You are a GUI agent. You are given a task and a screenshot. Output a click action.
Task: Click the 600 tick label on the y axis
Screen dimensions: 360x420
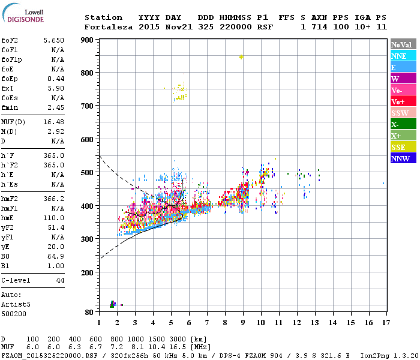pos(88,140)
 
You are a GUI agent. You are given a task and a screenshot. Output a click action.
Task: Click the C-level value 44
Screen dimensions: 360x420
pos(60,280)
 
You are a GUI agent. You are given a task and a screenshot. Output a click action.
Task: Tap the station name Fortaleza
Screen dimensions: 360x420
pos(109,27)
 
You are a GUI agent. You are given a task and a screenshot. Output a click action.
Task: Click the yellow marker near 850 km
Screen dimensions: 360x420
pos(241,57)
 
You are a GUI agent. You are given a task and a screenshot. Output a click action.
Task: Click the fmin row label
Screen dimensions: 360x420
pos(9,107)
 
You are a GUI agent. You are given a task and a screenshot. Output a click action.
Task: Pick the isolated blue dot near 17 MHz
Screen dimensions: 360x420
pos(383,184)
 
